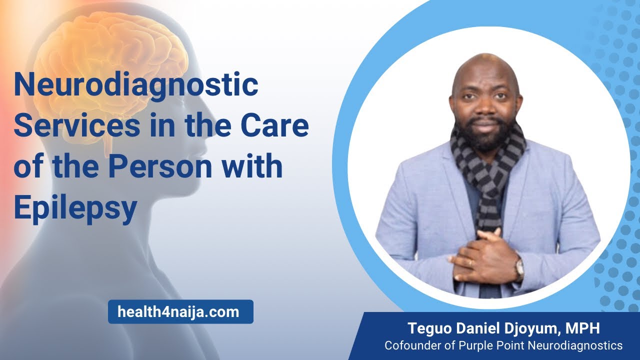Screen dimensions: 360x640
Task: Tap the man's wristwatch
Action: [x=519, y=268]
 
